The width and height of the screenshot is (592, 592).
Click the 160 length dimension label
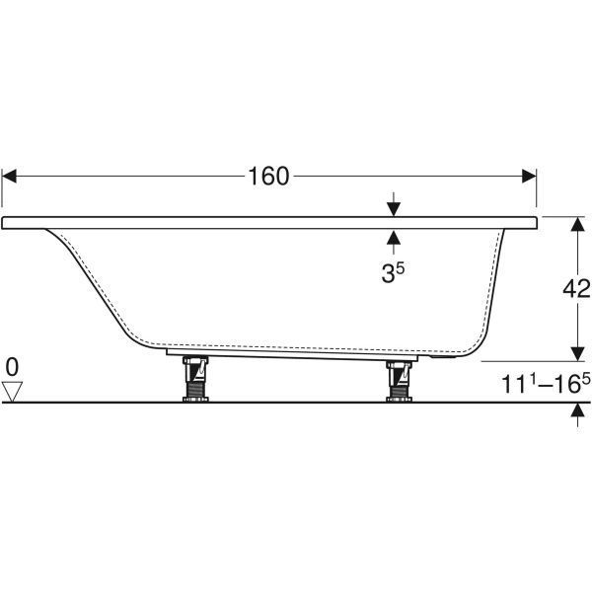(268, 176)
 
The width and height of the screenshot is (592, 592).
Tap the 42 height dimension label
(576, 289)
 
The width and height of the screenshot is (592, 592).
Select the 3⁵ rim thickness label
(393, 272)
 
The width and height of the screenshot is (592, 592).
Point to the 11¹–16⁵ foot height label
(546, 384)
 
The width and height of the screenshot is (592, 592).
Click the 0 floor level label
(12, 367)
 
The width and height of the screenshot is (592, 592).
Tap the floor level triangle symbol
(12, 392)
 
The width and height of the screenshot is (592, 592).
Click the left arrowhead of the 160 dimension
(9, 176)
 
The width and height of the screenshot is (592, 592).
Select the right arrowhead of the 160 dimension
(529, 176)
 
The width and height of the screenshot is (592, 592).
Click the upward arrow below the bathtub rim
(394, 243)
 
